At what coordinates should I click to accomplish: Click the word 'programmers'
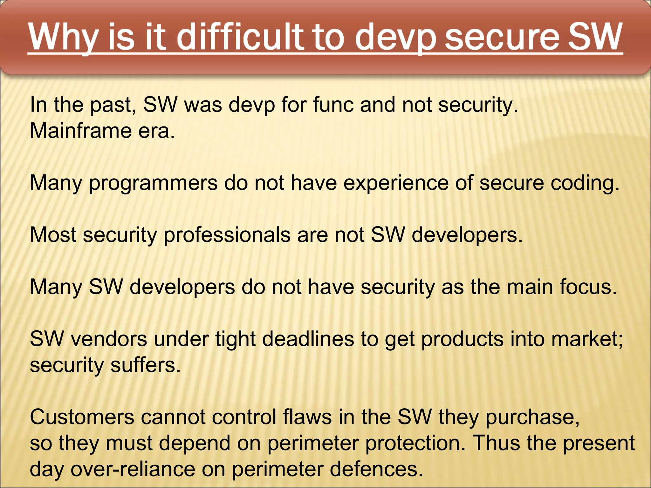click(153, 183)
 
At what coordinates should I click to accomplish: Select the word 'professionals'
click(227, 235)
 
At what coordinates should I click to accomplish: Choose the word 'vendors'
click(109, 339)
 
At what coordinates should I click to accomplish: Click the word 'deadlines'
click(308, 339)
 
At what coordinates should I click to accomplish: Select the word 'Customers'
click(82, 417)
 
